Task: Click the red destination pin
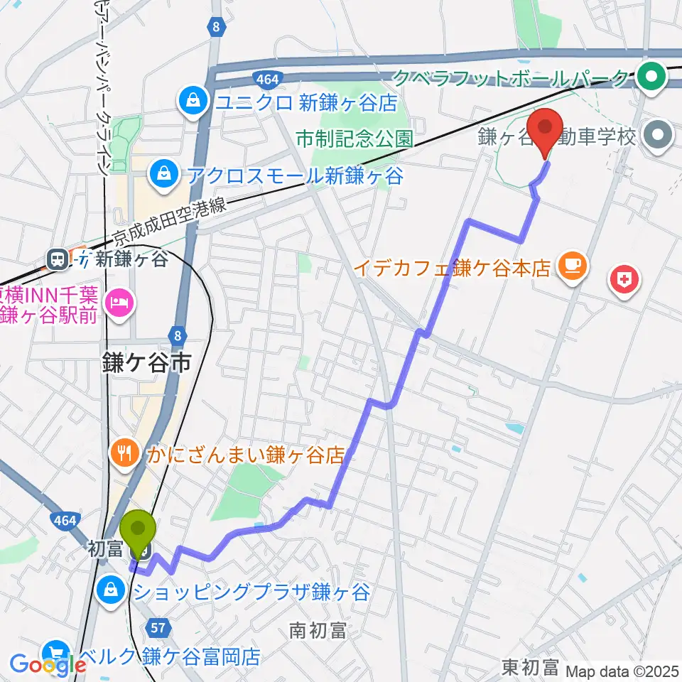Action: [546, 128]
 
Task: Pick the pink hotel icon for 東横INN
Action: [117, 303]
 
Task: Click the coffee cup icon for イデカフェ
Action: [572, 267]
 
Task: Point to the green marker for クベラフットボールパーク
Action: [650, 77]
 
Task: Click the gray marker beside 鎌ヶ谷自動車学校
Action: [658, 136]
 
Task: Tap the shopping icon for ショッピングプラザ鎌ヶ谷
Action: [112, 590]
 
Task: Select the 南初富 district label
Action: [318, 629]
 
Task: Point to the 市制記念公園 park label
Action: [354, 138]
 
